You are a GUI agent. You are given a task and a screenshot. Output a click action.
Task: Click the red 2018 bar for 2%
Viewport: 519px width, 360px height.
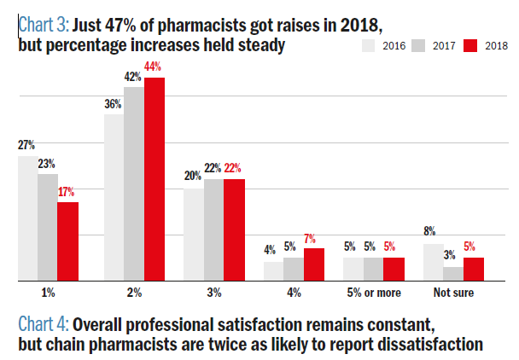tap(155, 179)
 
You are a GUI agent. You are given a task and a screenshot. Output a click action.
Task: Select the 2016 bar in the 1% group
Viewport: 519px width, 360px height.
tap(27, 218)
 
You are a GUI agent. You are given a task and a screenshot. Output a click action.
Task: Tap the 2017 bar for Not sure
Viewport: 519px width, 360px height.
tap(453, 274)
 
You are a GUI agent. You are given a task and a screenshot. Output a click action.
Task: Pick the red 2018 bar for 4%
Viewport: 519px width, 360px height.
tap(314, 264)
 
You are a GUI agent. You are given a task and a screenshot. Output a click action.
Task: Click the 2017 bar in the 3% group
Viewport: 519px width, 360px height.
tap(213, 229)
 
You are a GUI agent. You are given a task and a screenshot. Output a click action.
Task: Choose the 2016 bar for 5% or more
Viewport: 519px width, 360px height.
tap(353, 269)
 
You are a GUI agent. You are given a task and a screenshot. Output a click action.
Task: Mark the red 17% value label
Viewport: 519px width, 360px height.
tap(67, 193)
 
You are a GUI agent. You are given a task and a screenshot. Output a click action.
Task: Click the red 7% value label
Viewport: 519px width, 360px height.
tap(313, 238)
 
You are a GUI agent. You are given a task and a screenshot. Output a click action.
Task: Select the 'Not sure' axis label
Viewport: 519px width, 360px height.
tap(453, 293)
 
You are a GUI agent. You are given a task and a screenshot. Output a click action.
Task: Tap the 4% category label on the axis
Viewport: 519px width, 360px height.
tap(294, 293)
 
